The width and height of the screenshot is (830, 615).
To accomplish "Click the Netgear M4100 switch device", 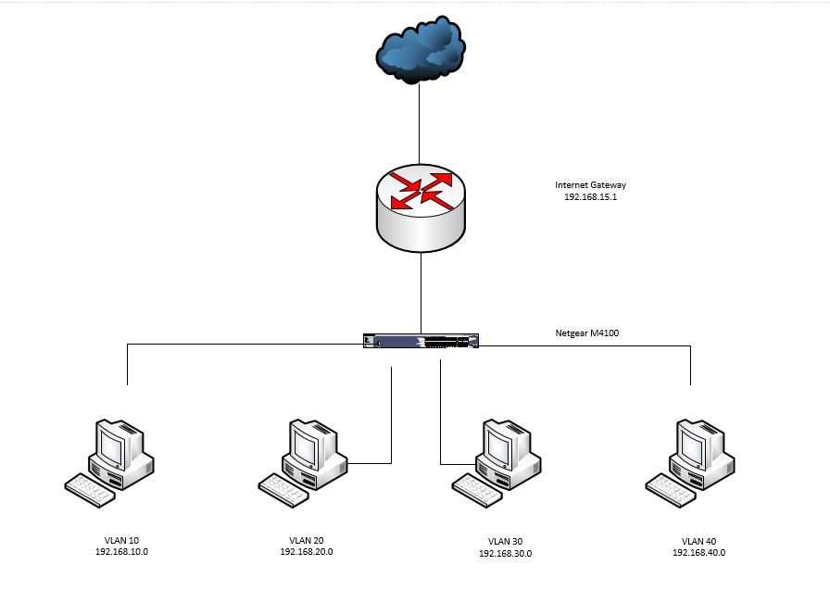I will pos(421,342).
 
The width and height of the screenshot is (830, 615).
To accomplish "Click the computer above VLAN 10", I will pos(110,461).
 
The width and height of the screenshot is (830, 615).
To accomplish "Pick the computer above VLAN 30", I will pos(497,461).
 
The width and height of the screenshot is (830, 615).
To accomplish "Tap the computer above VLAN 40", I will pos(690,461).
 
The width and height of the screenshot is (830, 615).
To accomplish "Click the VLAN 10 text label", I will pos(121,539).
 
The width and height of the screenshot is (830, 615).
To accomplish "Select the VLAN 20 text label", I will pos(306,540).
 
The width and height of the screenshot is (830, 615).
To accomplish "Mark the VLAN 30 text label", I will pos(505,542).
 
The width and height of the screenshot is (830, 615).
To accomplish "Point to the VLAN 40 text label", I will pos(698,541).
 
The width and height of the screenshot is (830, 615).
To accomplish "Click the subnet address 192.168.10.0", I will pos(121,551).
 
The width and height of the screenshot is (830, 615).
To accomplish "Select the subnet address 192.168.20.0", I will pos(306,552).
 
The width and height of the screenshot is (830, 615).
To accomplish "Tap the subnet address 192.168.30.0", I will pos(505,554).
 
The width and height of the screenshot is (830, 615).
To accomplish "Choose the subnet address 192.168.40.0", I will pos(698,553).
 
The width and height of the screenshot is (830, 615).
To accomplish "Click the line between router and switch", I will pos(421,292).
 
